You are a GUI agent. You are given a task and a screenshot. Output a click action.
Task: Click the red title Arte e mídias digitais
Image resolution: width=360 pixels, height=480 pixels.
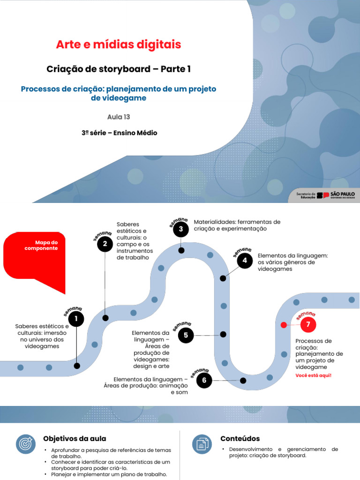[x=118, y=45]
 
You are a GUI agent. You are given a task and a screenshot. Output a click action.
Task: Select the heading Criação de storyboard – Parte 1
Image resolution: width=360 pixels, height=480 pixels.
[x=119, y=69]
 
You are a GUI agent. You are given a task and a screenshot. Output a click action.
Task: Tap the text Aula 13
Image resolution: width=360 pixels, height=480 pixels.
[x=119, y=117]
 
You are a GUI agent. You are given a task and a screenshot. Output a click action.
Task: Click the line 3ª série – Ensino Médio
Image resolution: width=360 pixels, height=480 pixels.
[x=119, y=133]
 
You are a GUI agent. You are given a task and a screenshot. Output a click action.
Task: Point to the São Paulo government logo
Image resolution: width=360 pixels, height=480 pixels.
[x=336, y=195]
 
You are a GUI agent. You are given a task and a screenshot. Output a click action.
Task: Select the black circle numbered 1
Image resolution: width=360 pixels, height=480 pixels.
[x=76, y=320]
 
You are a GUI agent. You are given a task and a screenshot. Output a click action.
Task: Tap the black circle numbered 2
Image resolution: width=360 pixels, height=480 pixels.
[x=105, y=244]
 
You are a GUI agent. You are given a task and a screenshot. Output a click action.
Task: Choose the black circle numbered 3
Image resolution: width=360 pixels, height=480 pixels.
[x=181, y=229]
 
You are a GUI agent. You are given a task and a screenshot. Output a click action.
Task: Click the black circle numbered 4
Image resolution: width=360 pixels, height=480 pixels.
[x=244, y=261]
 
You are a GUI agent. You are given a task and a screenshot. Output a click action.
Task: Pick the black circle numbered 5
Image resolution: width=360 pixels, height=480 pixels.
[x=186, y=335]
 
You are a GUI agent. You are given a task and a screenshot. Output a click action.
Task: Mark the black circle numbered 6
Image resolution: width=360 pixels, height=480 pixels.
[x=204, y=380]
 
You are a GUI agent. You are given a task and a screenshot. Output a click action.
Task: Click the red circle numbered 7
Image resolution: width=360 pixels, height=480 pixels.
[x=308, y=324]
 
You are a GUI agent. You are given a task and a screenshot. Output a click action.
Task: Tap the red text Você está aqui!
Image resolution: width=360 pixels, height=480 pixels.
[x=313, y=375]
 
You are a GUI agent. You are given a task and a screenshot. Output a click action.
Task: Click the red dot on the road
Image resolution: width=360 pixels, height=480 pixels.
[x=283, y=325]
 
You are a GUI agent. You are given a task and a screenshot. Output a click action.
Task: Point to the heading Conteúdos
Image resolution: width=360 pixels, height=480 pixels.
[x=240, y=439]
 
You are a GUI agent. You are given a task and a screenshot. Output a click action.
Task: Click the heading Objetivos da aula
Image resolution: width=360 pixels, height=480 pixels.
[x=75, y=439]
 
